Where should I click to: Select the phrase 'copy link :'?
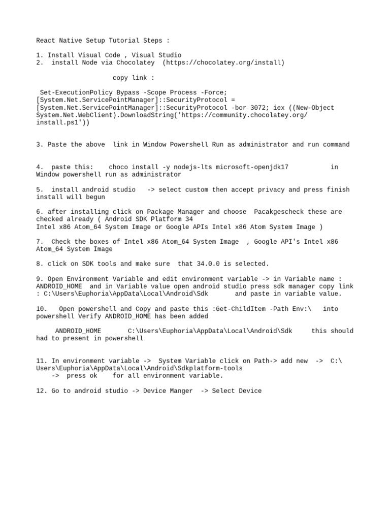point(134,78)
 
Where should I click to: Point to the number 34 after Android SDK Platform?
point(189,219)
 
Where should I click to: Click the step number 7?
point(40,242)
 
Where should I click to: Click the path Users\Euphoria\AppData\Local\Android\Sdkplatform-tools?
point(139,368)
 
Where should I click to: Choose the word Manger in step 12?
point(181,391)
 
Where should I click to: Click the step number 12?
point(42,391)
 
